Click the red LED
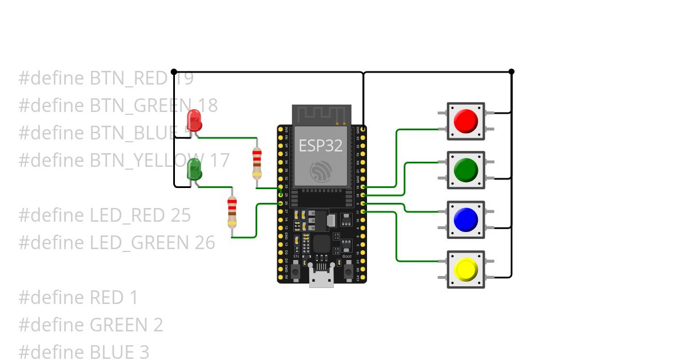pos(194,120)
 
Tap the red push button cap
pos(465,121)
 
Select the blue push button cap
pos(465,219)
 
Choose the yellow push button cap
pos(465,269)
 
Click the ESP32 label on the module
pos(321,146)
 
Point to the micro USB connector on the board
pos(321,278)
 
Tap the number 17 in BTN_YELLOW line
pos(219,160)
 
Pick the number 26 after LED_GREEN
pos(205,243)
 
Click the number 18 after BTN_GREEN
pos(208,105)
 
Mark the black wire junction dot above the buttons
pos(511,71)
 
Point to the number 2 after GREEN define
pos(158,325)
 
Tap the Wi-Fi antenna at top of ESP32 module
pos(321,113)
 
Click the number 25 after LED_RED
pos(181,215)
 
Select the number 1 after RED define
pos(133,298)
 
